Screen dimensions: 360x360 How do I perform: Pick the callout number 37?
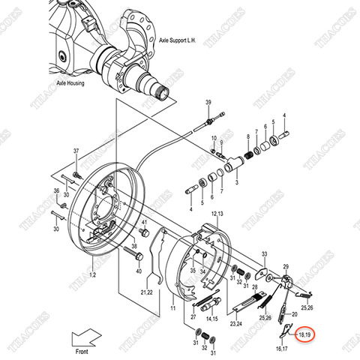point(76,152)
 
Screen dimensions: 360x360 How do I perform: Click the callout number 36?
point(56,190)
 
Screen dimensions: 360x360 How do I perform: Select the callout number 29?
point(285,267)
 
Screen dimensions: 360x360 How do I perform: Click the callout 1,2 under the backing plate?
point(93,277)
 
